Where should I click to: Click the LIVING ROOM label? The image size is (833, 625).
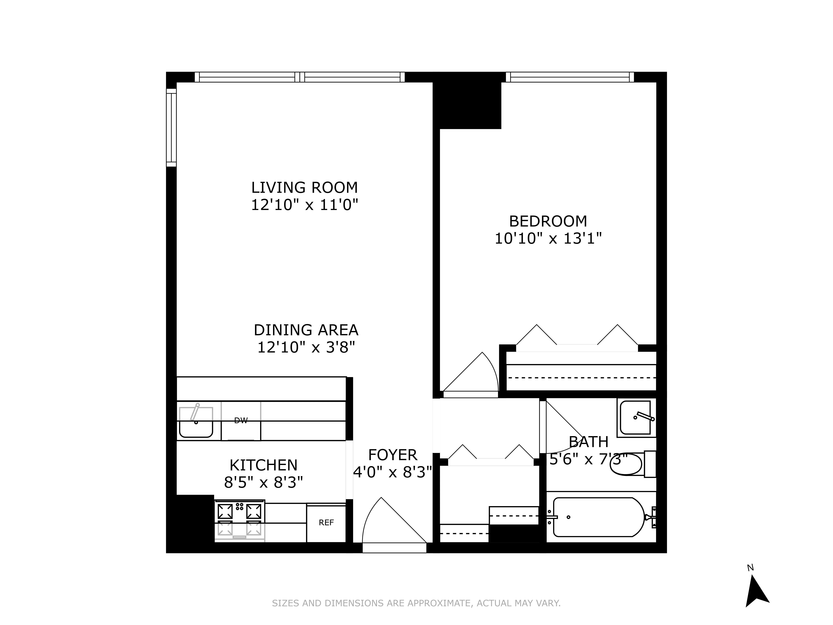click(304, 187)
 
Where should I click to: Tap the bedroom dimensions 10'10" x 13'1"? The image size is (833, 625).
click(548, 238)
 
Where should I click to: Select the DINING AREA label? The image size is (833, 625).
click(306, 330)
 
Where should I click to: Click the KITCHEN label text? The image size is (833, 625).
click(263, 465)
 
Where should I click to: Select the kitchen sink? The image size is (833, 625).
click(196, 422)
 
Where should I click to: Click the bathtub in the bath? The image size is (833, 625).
click(599, 517)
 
